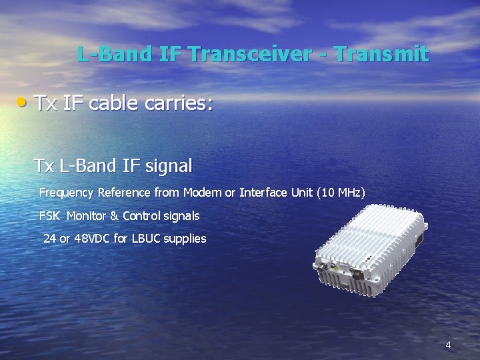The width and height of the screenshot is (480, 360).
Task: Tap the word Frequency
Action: [67, 193]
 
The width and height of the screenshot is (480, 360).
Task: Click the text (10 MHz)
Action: [341, 193]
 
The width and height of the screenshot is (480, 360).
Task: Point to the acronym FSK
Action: [49, 216]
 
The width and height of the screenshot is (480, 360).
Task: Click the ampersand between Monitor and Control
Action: [114, 216]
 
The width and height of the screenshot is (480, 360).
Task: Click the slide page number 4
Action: [448, 345]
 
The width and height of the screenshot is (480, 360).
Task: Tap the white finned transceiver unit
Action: [371, 250]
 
